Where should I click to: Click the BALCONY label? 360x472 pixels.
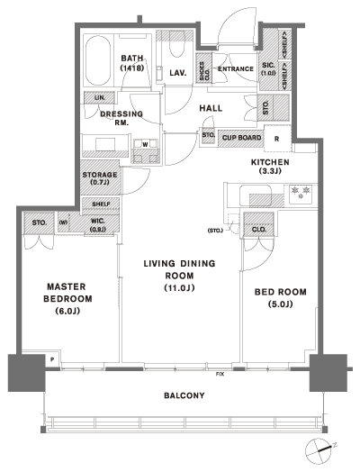point(184,395)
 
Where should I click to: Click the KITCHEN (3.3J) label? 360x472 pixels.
point(269,167)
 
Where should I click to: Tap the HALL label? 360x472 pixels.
point(211,108)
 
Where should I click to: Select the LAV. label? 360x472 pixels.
point(176,75)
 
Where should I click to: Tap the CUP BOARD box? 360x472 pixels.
point(241,138)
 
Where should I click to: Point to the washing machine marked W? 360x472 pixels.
point(144,143)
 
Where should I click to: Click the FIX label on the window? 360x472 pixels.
point(219,372)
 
